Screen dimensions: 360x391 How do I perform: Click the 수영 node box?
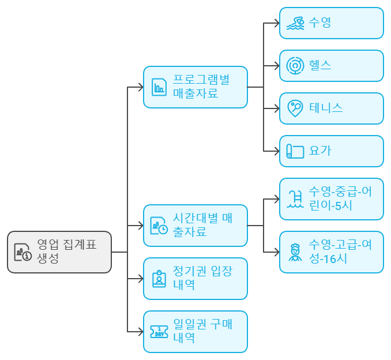(331, 23)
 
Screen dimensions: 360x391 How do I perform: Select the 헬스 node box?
(331, 66)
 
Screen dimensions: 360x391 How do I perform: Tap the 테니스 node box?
(331, 108)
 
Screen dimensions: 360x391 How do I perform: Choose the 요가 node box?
(331, 151)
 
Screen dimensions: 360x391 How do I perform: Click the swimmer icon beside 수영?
(295, 24)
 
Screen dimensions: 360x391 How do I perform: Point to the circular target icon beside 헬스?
(295, 66)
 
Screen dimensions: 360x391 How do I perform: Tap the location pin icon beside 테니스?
(295, 108)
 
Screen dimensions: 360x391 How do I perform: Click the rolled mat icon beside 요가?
(295, 151)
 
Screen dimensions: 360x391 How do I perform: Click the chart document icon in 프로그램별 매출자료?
(159, 87)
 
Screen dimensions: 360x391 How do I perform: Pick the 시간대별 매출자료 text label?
(202, 225)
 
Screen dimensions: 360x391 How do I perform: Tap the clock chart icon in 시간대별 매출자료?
(159, 226)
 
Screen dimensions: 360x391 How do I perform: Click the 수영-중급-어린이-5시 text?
(340, 198)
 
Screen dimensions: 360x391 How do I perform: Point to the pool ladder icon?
(295, 199)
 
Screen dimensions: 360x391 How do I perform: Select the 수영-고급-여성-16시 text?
(340, 252)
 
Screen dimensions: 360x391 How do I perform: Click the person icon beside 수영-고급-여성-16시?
(295, 252)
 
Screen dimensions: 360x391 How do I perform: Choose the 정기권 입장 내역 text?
(202, 278)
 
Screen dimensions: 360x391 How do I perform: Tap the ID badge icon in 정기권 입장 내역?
(159, 279)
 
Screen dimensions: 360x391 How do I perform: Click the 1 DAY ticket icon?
(159, 332)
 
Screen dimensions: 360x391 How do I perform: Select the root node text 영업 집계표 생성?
(66, 252)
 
